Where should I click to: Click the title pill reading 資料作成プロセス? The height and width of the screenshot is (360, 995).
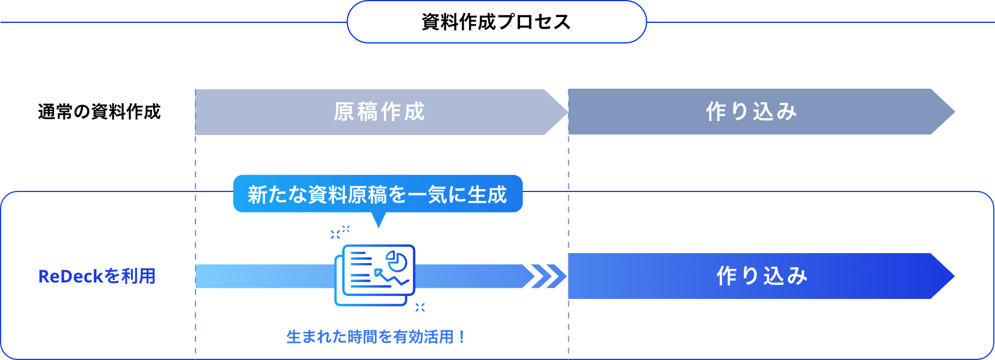tap(496, 22)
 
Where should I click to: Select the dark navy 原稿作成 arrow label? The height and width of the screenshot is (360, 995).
tap(379, 112)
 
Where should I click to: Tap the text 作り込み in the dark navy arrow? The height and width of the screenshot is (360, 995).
tap(751, 112)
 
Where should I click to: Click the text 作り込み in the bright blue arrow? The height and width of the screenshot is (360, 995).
tap(762, 276)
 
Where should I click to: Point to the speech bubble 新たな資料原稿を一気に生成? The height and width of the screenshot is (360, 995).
tap(377, 194)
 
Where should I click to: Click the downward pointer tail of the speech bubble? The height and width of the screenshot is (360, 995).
tap(379, 220)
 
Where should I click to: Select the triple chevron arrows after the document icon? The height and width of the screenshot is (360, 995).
tap(544, 276)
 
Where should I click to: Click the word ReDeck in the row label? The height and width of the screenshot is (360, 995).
tap(70, 276)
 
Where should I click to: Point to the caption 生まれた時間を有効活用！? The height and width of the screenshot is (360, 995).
tap(376, 337)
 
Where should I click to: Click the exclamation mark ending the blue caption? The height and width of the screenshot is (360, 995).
tap(462, 337)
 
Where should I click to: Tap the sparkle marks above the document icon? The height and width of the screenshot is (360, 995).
tap(340, 233)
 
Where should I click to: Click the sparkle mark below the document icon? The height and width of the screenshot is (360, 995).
tap(420, 307)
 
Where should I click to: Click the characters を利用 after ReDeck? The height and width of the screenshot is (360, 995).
tap(130, 276)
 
